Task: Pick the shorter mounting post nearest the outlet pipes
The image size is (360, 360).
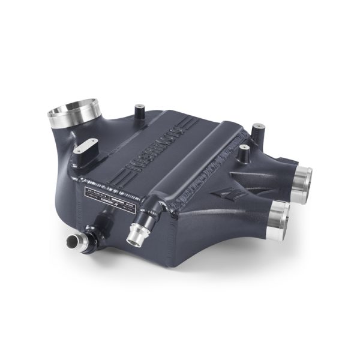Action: pos(244,155)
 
